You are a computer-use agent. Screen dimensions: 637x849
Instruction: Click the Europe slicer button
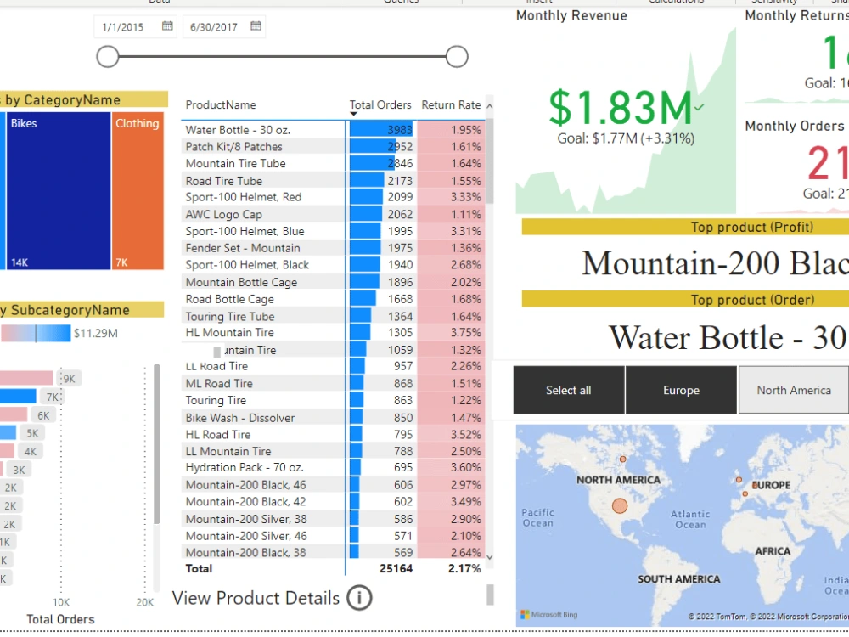[x=681, y=390]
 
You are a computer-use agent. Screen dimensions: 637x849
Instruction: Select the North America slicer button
[x=793, y=390]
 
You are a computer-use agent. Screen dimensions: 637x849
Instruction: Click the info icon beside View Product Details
[x=359, y=598]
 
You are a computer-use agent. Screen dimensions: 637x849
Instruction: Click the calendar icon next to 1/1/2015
[x=167, y=26]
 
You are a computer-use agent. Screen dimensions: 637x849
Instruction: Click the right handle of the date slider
[x=457, y=57]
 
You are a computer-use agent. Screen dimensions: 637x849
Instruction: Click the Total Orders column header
[x=380, y=104]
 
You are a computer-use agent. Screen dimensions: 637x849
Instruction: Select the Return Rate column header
[x=451, y=104]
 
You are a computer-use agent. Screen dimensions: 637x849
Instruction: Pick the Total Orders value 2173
[x=399, y=181]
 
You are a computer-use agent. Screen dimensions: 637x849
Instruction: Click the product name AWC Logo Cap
[x=224, y=215]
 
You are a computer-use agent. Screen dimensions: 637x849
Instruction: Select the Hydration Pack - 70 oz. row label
[x=245, y=468]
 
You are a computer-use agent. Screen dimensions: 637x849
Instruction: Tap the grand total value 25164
[x=395, y=568]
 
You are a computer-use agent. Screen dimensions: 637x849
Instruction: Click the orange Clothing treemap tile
[x=138, y=191]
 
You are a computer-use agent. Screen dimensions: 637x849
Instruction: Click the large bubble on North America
[x=620, y=506]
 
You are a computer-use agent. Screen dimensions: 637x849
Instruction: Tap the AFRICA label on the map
[x=773, y=551]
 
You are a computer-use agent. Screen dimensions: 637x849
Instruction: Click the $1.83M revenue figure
[x=621, y=108]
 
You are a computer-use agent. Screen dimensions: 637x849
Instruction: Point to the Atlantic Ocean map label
[x=690, y=519]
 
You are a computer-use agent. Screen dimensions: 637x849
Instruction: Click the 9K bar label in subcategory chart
[x=69, y=379]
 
